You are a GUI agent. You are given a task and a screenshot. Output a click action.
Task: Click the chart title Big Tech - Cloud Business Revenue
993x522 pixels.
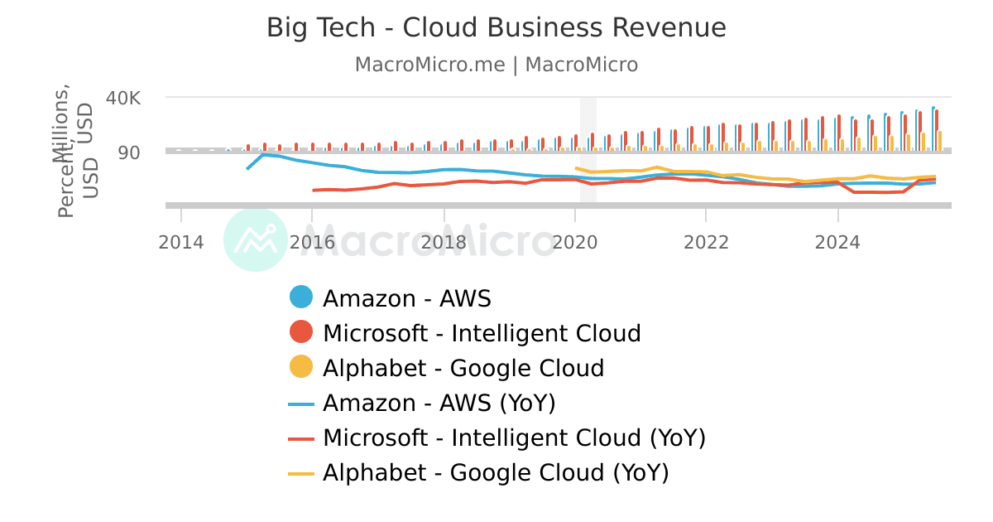[496, 27]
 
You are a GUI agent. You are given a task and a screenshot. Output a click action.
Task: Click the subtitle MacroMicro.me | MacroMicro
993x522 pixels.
[496, 65]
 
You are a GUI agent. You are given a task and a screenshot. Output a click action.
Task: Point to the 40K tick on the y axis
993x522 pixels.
[123, 98]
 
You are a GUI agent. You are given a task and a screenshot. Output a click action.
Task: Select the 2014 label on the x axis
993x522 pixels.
[181, 242]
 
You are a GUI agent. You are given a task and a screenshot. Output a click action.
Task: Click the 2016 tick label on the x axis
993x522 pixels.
[312, 242]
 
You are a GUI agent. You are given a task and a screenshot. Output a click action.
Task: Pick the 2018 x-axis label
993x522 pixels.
[444, 242]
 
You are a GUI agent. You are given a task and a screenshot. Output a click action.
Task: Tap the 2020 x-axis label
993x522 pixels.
[574, 242]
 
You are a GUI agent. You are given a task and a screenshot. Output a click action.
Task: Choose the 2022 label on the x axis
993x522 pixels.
[706, 242]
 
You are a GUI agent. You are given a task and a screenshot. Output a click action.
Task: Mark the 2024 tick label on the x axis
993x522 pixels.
[837, 242]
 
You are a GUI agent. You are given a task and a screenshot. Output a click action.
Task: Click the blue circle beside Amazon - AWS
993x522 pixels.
[301, 297]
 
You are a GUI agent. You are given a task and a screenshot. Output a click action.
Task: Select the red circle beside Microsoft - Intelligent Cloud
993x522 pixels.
[301, 332]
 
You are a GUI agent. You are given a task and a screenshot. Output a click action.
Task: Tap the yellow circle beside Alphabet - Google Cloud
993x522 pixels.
[301, 367]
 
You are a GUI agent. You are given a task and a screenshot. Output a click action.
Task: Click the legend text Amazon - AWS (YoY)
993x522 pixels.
[439, 403]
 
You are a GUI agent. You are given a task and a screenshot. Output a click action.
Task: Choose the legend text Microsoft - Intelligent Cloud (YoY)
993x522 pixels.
[514, 437]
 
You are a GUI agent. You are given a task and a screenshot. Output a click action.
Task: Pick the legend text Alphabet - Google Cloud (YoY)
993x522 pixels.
[495, 472]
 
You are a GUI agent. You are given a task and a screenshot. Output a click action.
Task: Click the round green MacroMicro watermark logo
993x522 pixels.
[256, 239]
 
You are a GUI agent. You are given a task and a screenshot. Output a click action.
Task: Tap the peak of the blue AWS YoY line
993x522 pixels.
[263, 154]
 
